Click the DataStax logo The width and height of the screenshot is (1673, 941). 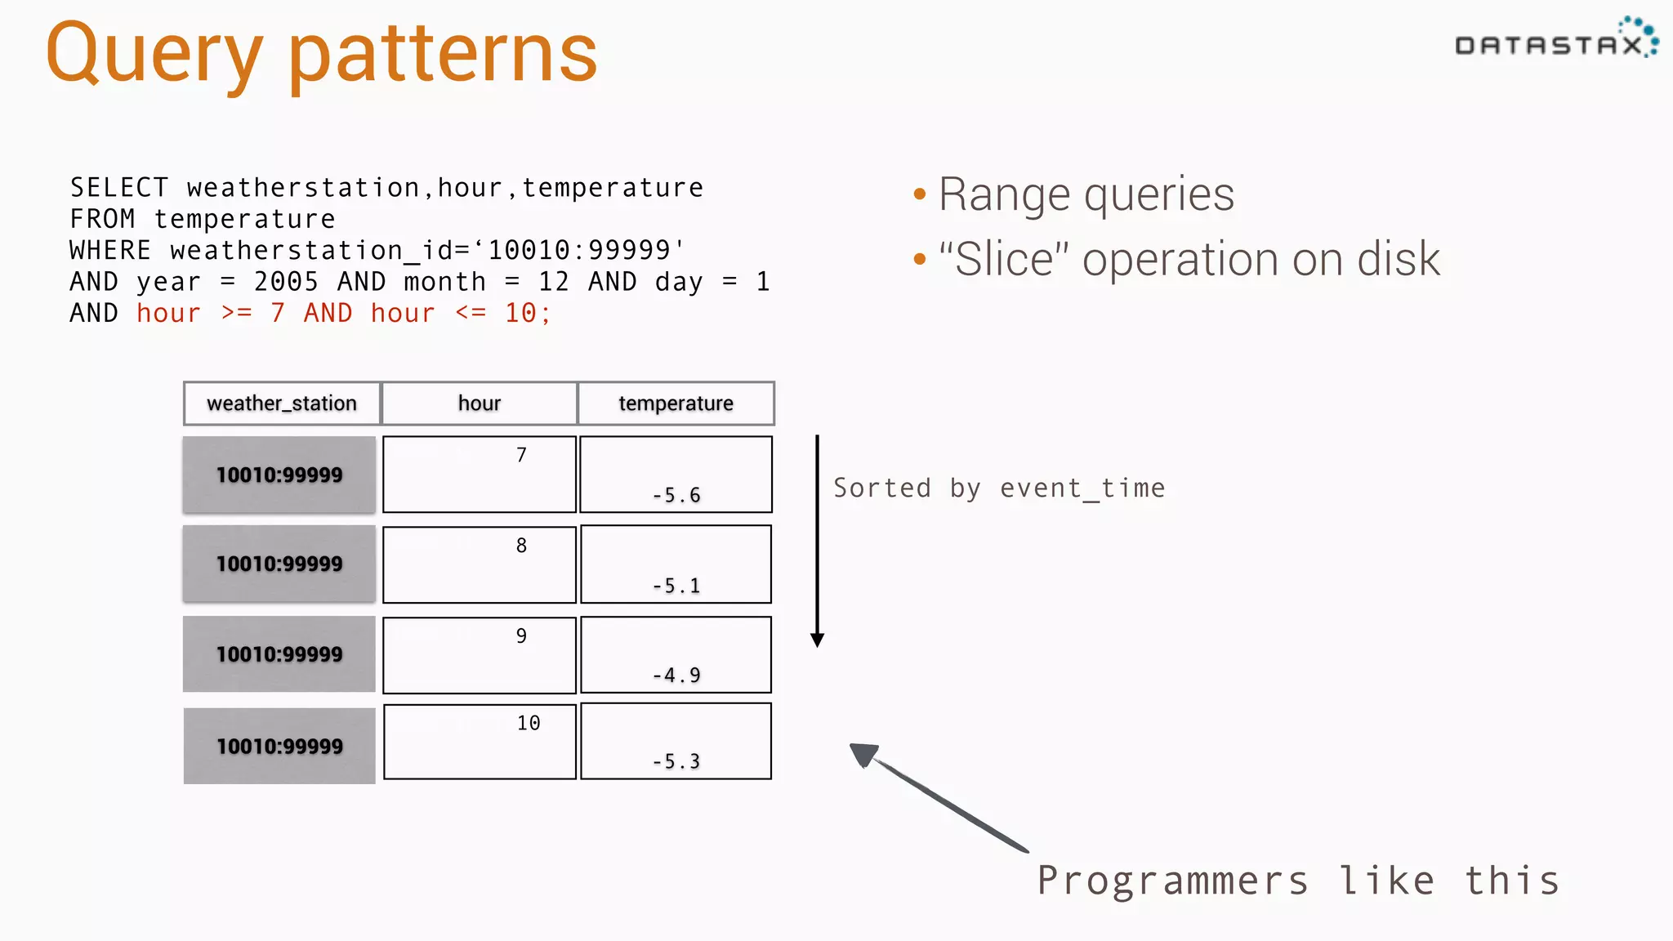coord(1555,41)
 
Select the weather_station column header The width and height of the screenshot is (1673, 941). coord(282,404)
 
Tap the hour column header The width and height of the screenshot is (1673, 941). coord(479,404)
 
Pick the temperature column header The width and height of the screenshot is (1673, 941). coord(676,404)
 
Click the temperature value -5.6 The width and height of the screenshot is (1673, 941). coord(676,495)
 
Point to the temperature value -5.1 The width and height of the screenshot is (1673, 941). coord(676,586)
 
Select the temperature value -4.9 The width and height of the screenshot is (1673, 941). coord(676,676)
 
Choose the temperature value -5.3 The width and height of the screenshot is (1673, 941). coord(676,762)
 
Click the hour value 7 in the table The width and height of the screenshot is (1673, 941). coord(521,455)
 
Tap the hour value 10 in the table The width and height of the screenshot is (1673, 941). coord(529,723)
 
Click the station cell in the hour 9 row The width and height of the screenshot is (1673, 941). coord(279,654)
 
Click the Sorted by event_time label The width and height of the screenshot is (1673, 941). coord(999,488)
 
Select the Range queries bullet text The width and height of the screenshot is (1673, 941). coord(1086,194)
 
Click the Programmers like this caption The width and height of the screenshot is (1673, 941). coord(1298,881)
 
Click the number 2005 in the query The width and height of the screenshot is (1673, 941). coord(286,282)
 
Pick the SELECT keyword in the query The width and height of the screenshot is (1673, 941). coord(119,188)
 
